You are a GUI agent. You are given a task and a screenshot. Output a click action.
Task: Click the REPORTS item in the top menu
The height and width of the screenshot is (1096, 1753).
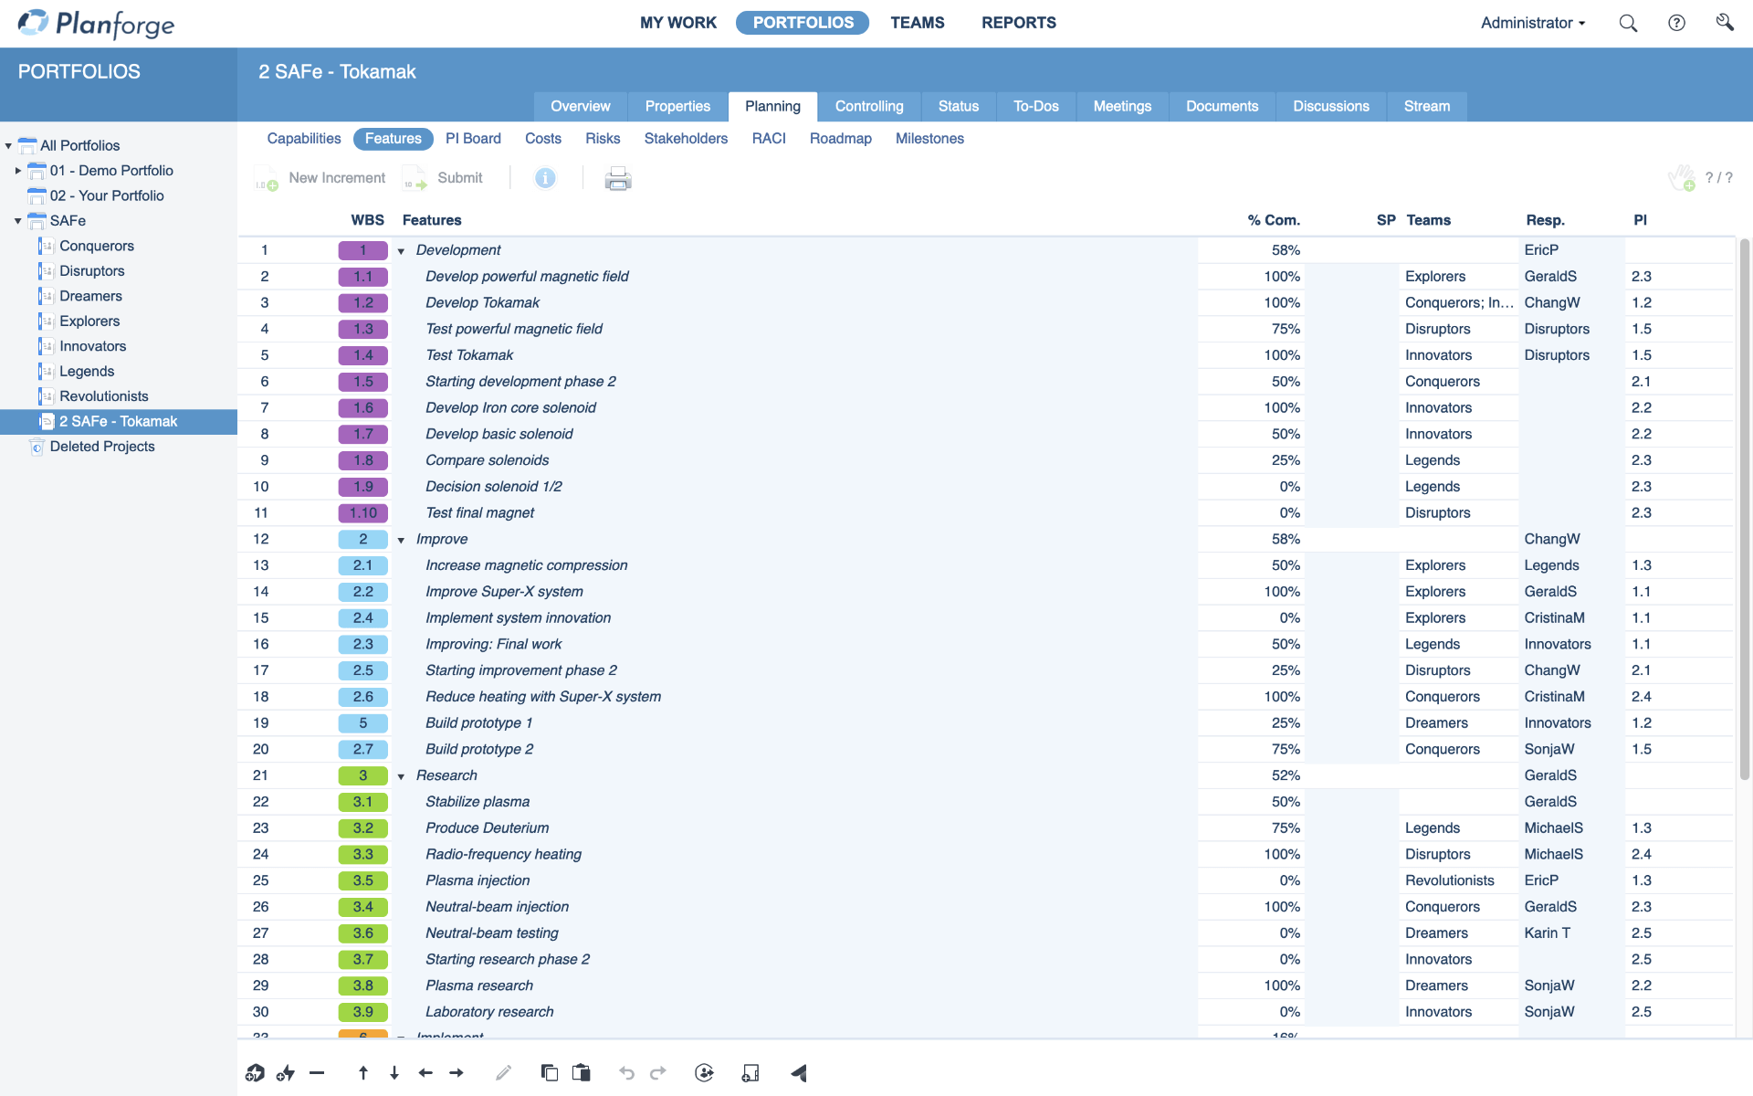1018,23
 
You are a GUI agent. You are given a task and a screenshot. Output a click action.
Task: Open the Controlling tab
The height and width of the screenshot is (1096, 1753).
868,106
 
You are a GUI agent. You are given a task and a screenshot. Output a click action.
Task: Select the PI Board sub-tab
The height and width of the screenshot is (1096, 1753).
473,139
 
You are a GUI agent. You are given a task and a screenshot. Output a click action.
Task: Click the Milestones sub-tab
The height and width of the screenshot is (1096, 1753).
929,139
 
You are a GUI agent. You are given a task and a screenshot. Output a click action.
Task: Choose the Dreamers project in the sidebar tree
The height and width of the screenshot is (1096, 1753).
90,296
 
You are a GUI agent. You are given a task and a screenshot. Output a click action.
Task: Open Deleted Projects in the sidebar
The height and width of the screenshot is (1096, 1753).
102,447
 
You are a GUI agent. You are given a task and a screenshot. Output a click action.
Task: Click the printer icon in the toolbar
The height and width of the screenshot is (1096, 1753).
618,178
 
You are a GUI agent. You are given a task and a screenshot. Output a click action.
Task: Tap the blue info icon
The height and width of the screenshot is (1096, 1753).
545,178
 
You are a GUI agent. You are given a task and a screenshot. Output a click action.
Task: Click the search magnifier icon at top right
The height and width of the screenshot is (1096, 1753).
1628,23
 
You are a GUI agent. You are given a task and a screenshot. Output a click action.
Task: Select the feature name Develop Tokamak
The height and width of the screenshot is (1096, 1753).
482,302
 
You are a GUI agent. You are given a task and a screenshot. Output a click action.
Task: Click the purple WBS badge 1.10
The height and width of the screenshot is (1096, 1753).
362,513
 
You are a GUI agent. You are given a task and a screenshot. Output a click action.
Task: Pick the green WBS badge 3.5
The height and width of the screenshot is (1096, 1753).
362,880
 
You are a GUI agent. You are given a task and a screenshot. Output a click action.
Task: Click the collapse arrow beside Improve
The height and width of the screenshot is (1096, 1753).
401,540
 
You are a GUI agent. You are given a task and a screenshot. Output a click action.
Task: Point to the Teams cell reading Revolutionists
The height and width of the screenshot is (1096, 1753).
1449,880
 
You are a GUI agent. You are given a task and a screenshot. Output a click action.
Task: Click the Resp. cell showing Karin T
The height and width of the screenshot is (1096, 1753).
1547,933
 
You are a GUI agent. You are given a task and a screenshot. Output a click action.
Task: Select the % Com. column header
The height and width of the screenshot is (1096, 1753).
1274,220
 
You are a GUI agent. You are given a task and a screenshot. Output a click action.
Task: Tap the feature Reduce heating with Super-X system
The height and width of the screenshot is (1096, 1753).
543,697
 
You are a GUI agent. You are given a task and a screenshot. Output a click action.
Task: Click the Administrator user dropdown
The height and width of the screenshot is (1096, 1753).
1532,23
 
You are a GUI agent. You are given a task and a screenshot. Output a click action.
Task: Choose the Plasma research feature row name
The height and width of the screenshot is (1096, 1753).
479,985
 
